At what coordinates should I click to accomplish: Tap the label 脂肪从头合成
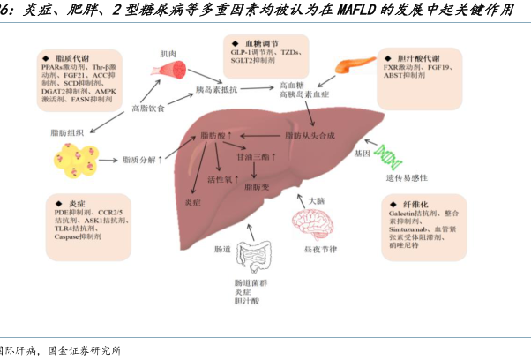pos(309,135)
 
